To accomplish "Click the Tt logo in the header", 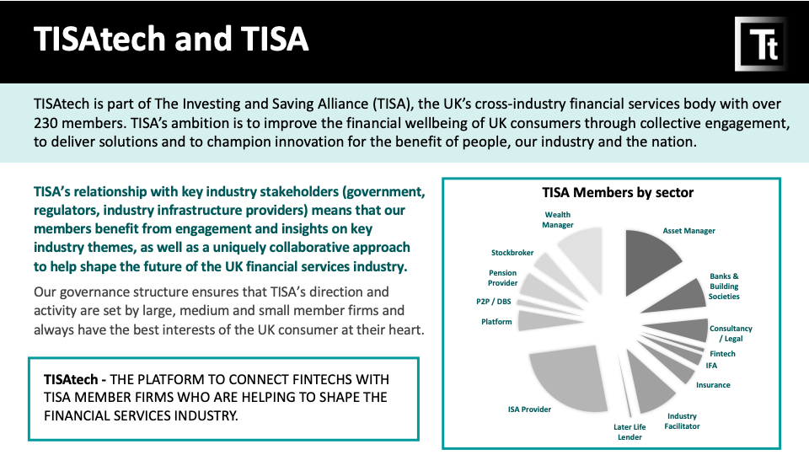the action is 761,44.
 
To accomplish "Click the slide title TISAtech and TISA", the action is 171,40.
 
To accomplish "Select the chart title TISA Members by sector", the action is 618,192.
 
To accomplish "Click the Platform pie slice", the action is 542,320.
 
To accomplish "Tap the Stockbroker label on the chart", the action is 512,253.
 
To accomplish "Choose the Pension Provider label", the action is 502,278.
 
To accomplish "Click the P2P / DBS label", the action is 494,302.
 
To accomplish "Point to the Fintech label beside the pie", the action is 722,354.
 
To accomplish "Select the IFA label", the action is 711,366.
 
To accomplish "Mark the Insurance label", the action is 713,385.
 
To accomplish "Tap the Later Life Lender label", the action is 630,432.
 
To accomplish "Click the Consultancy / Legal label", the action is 731,334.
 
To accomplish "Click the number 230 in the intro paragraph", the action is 46,123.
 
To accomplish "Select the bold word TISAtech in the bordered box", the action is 71,380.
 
